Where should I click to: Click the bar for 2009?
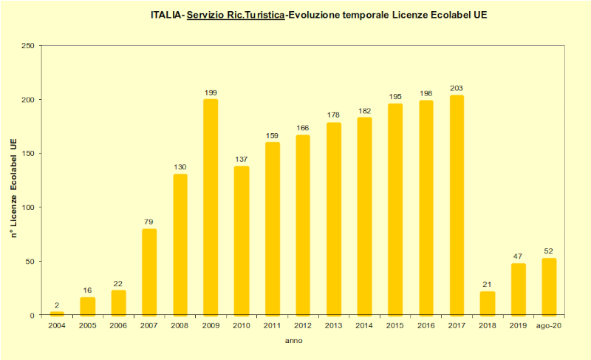(x=211, y=207)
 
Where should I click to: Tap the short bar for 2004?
(x=56, y=313)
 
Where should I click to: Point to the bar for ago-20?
(x=549, y=287)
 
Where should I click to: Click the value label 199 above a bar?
(x=211, y=92)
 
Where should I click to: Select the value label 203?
(x=457, y=89)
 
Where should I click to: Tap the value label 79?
(x=148, y=222)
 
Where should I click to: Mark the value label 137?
(x=242, y=159)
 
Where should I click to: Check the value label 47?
(x=519, y=257)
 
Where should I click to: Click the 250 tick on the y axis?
(x=28, y=46)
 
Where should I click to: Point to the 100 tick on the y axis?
(x=28, y=208)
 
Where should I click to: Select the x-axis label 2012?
(x=303, y=325)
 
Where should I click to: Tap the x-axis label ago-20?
(x=549, y=325)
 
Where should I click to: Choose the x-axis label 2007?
(x=148, y=325)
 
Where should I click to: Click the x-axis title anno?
(x=293, y=341)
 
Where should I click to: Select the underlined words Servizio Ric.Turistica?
(x=236, y=14)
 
